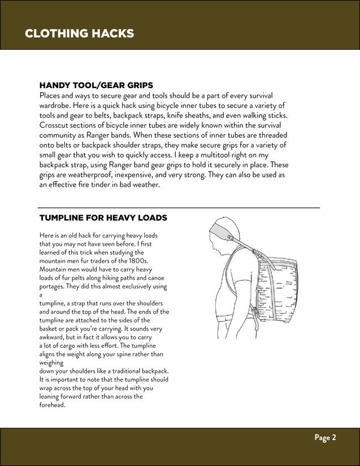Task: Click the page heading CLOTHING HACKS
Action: click(x=79, y=33)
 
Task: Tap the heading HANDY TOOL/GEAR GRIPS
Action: click(x=96, y=85)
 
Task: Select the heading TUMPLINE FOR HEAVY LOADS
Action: click(x=103, y=217)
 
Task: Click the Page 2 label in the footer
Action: click(x=326, y=437)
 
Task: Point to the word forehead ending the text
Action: click(x=53, y=404)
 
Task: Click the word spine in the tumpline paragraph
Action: click(x=120, y=354)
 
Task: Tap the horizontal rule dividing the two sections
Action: click(x=179, y=208)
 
